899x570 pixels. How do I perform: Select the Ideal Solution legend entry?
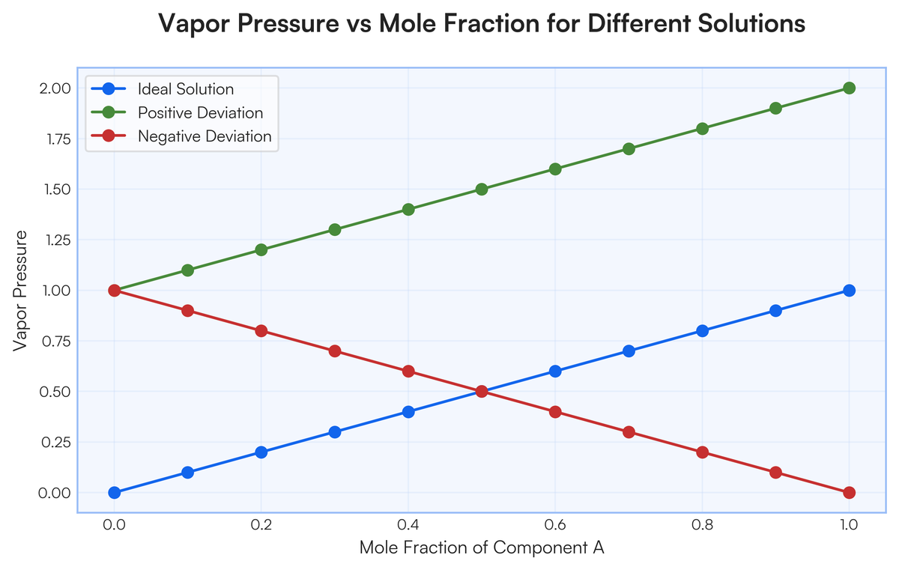click(186, 89)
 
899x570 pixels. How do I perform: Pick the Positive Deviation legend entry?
click(200, 113)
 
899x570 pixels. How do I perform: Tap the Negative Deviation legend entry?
click(205, 137)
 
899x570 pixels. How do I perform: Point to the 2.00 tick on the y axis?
click(55, 88)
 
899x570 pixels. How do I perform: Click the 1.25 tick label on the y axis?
click(55, 240)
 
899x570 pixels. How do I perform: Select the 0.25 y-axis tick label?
click(55, 442)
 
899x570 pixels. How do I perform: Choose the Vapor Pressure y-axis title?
click(22, 291)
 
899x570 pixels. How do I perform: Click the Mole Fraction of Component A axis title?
click(482, 548)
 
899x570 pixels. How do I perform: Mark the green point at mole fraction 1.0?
click(849, 88)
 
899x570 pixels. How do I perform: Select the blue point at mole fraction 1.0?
click(849, 291)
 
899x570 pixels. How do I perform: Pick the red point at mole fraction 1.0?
click(849, 492)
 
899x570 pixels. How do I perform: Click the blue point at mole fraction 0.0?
click(115, 492)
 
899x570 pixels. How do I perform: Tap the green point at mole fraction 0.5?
click(482, 190)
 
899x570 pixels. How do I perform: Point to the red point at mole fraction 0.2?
click(261, 331)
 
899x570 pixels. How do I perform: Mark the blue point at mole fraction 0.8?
click(702, 331)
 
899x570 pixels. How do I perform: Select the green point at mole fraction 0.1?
click(188, 270)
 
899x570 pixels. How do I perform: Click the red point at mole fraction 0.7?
click(629, 432)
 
